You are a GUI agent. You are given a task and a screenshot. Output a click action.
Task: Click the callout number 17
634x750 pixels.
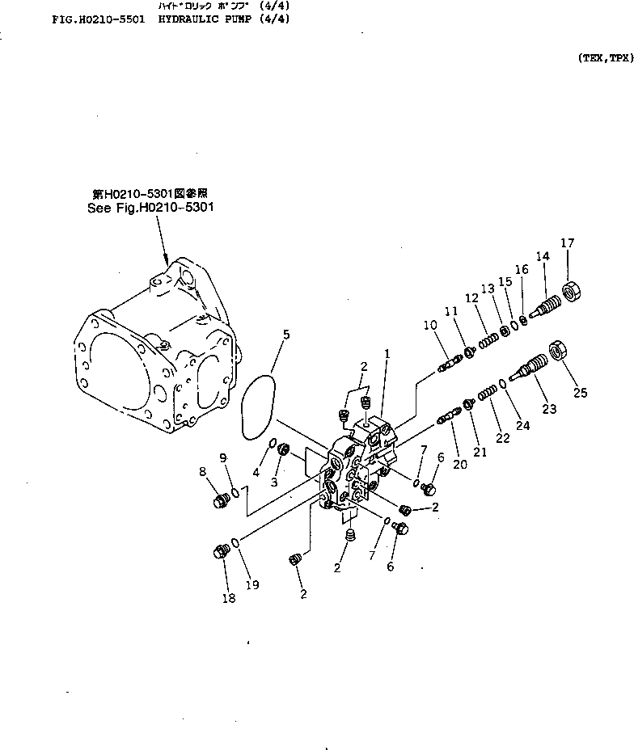(x=568, y=242)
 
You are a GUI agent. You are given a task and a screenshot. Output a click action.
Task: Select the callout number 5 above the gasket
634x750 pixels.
(x=286, y=334)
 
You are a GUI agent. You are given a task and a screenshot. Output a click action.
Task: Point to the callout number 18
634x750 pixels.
(x=229, y=598)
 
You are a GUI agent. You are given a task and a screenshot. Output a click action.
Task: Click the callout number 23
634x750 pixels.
(x=550, y=409)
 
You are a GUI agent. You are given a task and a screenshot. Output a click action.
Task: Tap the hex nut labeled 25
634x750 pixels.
(x=557, y=350)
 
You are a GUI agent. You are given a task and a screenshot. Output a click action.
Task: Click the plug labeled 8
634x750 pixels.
(x=217, y=503)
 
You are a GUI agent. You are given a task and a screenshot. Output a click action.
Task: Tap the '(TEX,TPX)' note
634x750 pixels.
(x=605, y=58)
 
